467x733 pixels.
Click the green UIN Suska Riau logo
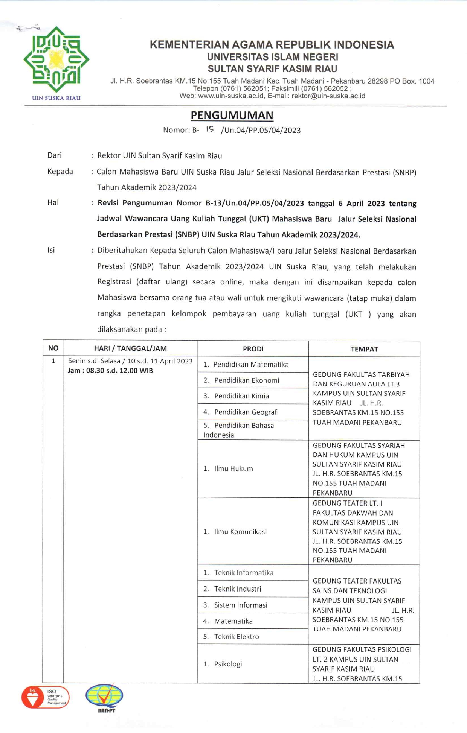(56, 60)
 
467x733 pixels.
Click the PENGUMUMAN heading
(232, 115)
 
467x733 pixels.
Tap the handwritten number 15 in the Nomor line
(210, 129)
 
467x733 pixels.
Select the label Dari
(55, 155)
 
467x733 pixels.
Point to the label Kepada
(60, 172)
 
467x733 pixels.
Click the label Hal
(53, 203)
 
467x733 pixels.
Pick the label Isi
(51, 250)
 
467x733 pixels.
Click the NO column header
(53, 348)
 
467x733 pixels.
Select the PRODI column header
(253, 349)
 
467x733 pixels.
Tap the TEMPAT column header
(364, 349)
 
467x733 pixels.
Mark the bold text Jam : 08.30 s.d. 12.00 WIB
(110, 371)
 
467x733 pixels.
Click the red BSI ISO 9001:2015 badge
(46, 697)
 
